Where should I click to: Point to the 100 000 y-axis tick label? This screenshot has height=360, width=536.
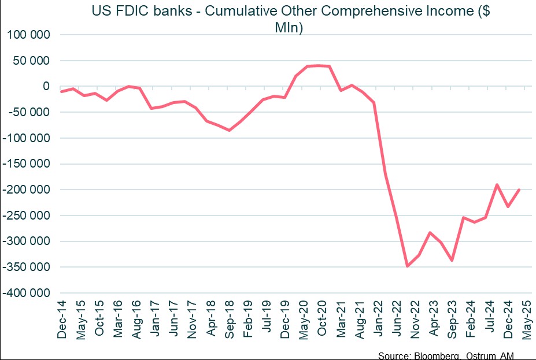tap(28, 35)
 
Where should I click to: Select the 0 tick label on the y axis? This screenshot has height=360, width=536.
tap(49, 86)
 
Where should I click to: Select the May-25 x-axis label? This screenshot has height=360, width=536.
tap(526, 317)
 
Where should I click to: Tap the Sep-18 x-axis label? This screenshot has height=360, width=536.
tap(229, 317)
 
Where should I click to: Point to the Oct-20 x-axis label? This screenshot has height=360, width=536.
tap(322, 317)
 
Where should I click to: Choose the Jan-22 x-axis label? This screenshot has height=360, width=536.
tap(378, 317)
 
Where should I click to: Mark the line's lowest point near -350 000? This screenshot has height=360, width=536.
tap(408, 266)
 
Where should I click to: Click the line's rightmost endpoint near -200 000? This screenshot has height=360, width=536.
tap(519, 190)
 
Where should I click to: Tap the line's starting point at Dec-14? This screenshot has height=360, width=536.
tap(61, 91)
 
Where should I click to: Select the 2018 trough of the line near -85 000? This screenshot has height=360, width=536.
tap(229, 130)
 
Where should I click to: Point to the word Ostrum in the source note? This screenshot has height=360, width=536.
tap(485, 355)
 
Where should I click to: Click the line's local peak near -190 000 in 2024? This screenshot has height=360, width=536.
tap(497, 185)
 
